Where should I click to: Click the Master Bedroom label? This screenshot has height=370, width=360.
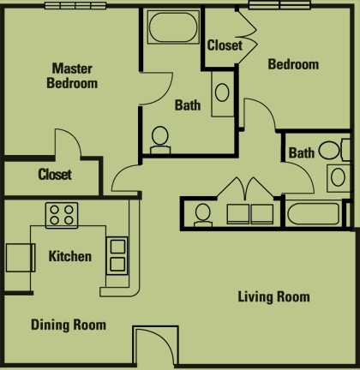74,75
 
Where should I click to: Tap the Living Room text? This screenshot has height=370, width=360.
273,297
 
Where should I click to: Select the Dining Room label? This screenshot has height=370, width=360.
69,325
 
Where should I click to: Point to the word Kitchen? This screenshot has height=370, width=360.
69,256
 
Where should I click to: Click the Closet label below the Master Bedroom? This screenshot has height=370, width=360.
55,175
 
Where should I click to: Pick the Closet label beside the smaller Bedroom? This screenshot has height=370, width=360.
225,45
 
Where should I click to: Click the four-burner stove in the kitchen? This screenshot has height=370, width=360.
62,212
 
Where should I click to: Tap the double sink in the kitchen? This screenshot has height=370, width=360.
116,254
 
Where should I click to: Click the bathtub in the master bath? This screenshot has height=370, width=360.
174,28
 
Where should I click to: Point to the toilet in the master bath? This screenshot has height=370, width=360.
160,139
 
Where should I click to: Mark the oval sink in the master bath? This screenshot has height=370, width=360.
221,92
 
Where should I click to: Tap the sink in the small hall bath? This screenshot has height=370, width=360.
335,178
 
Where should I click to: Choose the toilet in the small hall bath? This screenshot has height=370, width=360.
332,151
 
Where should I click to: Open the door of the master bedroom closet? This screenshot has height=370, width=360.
68,146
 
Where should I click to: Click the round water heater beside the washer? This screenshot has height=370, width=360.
203,213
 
